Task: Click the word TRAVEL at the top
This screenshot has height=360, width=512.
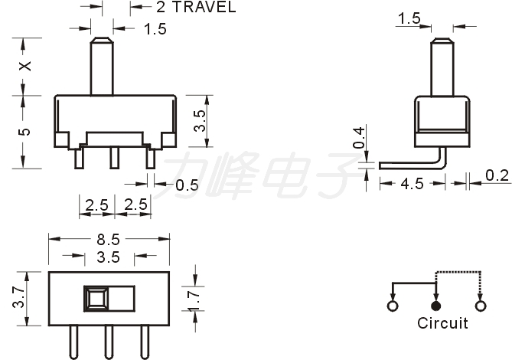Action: click(x=204, y=7)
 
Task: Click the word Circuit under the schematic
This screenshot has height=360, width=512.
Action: click(x=442, y=323)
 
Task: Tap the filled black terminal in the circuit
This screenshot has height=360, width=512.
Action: click(x=436, y=306)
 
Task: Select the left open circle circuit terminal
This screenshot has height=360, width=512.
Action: click(x=393, y=306)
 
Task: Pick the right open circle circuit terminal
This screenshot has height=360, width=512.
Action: click(x=481, y=306)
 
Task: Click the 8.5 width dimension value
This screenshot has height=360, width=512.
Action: click(x=109, y=240)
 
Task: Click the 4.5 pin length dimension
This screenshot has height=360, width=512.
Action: click(x=412, y=184)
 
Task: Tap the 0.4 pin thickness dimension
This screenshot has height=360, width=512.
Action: click(x=358, y=138)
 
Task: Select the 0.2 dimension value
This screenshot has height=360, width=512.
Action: click(x=497, y=175)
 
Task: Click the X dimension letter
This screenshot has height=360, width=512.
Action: click(x=25, y=66)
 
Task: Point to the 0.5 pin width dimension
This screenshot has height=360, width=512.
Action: click(x=187, y=185)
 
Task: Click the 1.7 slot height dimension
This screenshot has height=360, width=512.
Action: click(x=194, y=301)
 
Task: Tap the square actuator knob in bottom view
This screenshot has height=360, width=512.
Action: click(x=96, y=299)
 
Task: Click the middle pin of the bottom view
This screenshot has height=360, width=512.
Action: click(x=109, y=342)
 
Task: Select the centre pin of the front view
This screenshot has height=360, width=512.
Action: click(x=114, y=158)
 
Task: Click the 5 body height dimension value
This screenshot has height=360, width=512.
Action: click(x=24, y=132)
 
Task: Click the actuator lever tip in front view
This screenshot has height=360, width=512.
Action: click(x=102, y=41)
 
